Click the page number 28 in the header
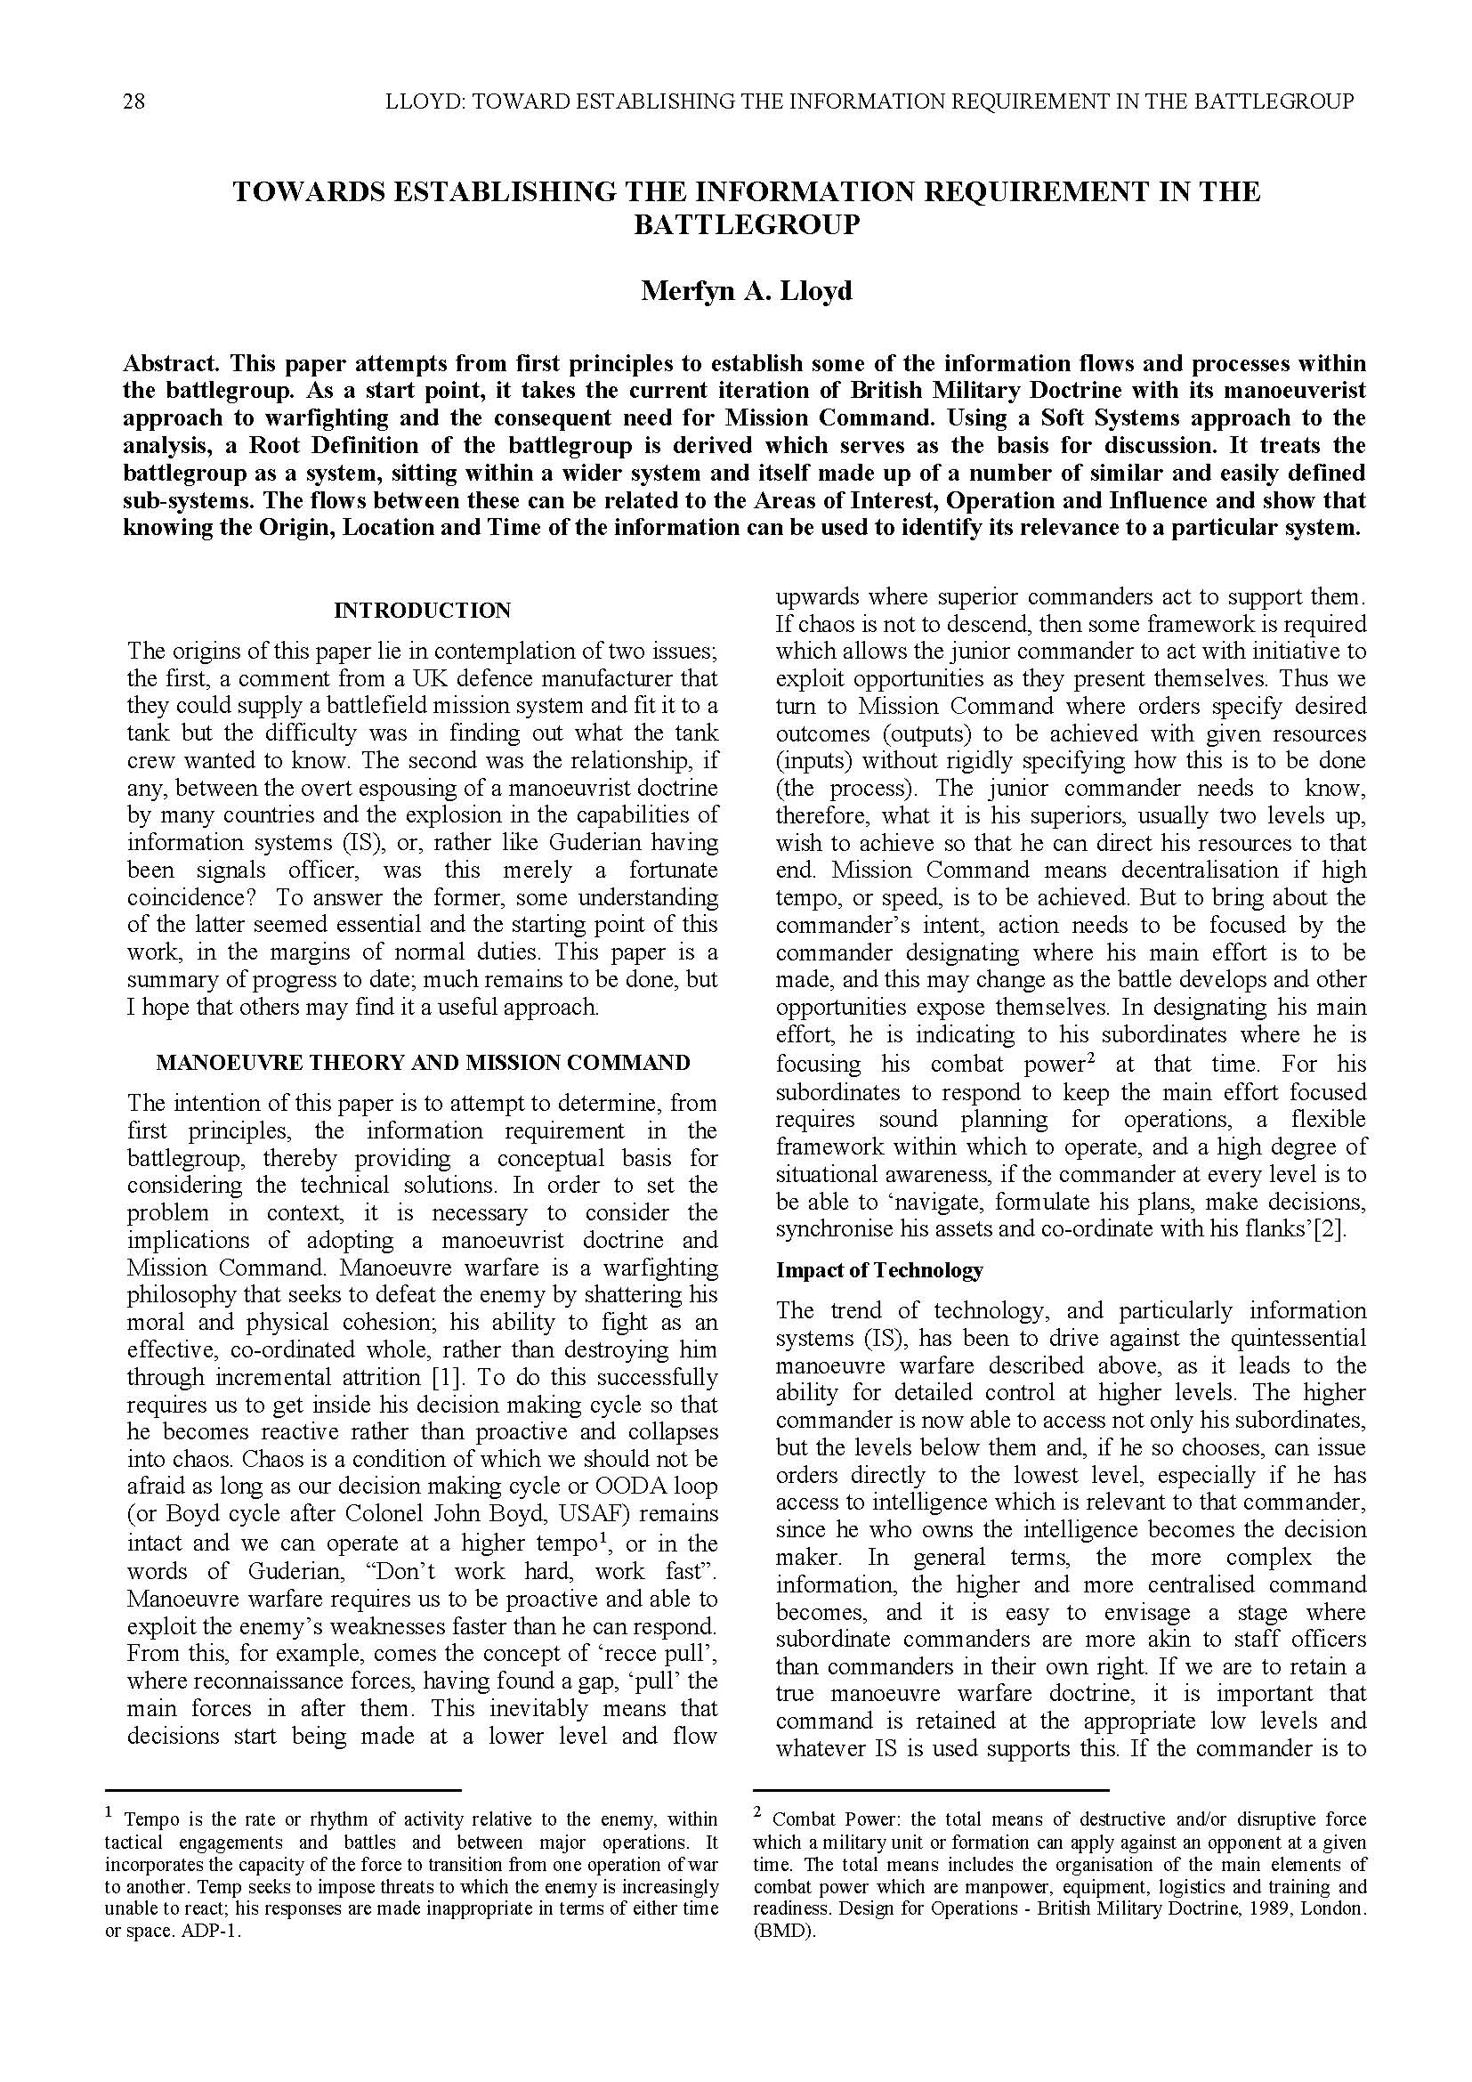pyautogui.click(x=133, y=101)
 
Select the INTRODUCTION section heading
pyautogui.click(x=423, y=611)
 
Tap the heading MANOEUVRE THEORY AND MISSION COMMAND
pyautogui.click(x=423, y=1062)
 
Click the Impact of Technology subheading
pyautogui.click(x=878, y=1269)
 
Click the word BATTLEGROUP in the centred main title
pyautogui.click(x=746, y=224)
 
